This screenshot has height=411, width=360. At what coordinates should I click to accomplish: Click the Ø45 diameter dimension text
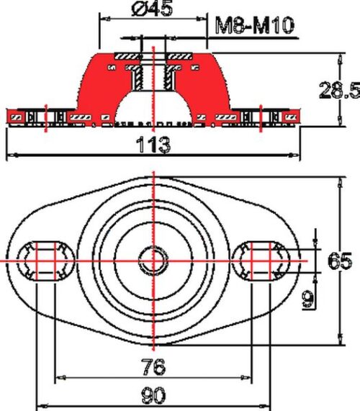click(x=152, y=8)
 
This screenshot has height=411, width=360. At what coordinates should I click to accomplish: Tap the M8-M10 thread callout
click(x=254, y=25)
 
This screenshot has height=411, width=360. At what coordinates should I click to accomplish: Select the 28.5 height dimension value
click(x=340, y=91)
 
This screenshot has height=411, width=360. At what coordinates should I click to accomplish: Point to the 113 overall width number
click(x=153, y=144)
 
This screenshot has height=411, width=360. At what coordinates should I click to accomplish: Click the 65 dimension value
click(x=340, y=261)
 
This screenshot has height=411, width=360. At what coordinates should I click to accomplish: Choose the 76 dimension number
click(x=153, y=366)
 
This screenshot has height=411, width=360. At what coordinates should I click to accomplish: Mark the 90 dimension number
click(x=153, y=395)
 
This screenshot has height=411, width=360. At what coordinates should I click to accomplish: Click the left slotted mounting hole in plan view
click(x=46, y=261)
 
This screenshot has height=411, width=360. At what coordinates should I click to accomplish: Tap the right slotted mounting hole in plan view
click(x=261, y=261)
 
